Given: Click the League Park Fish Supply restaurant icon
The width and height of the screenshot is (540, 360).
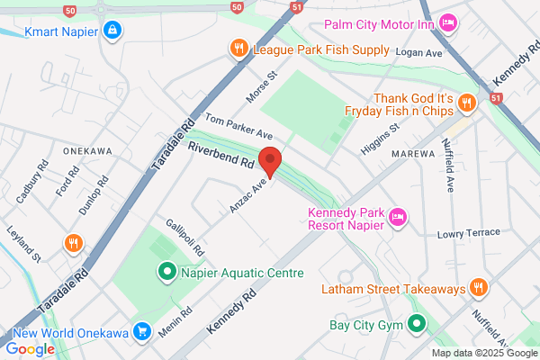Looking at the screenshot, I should [x=238, y=49].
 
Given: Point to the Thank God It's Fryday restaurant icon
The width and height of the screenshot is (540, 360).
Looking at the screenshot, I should [x=466, y=103].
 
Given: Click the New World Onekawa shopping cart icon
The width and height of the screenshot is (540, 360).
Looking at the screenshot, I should [x=141, y=330].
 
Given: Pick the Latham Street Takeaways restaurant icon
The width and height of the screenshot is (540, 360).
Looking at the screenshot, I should [x=479, y=288].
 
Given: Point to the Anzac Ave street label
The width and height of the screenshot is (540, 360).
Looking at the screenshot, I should [x=247, y=194].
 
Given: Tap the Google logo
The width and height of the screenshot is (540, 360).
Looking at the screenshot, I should [x=30, y=348].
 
